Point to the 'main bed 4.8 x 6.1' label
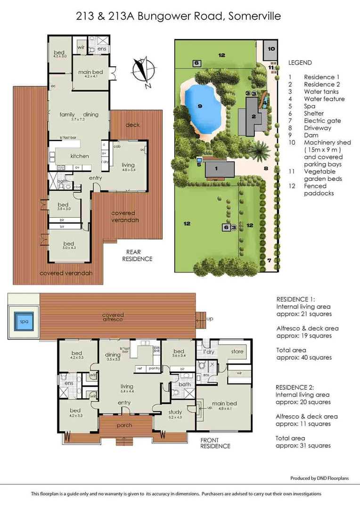[x=224, y=406]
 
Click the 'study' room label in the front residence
[x=175, y=412]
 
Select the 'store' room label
[x=237, y=352]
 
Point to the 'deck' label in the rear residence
[x=132, y=125]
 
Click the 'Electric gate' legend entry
[x=322, y=121]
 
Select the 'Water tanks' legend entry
[x=321, y=91]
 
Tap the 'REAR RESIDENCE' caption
[x=137, y=255]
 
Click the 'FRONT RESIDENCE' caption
[x=215, y=443]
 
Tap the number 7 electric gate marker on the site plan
[x=269, y=260]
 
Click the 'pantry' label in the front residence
[x=153, y=368]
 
